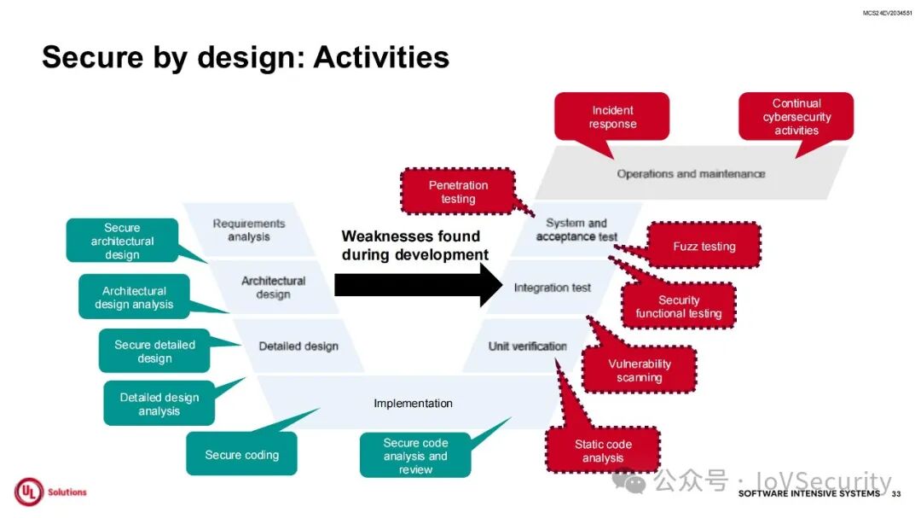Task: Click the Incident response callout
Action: (x=612, y=117)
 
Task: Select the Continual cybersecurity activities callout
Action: (x=796, y=117)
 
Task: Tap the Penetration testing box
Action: (x=458, y=192)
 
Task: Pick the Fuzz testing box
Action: (x=704, y=246)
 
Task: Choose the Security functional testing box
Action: (x=678, y=306)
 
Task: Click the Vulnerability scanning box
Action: (x=640, y=370)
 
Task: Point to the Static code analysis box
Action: (x=603, y=451)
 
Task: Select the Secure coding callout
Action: (x=242, y=455)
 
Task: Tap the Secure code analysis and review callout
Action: (x=415, y=456)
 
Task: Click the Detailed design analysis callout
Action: (x=159, y=404)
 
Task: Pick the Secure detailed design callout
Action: (x=154, y=352)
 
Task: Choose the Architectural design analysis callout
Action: (x=134, y=297)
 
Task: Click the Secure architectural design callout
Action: (x=122, y=241)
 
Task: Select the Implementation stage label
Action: (x=413, y=403)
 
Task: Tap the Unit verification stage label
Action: (x=527, y=346)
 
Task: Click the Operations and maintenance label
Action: (x=691, y=173)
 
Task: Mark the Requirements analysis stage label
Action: (x=249, y=230)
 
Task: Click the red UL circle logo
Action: (x=28, y=492)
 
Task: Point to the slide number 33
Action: (x=895, y=494)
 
